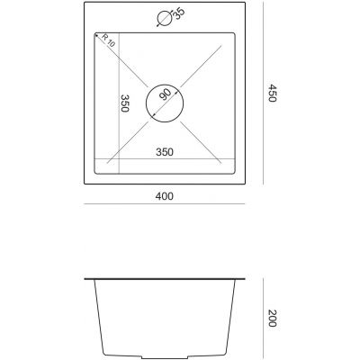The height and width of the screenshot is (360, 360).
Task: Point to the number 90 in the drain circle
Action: point(165,94)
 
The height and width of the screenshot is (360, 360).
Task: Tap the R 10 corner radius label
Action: point(107,41)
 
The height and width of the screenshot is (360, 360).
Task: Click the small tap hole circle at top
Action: point(164,17)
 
